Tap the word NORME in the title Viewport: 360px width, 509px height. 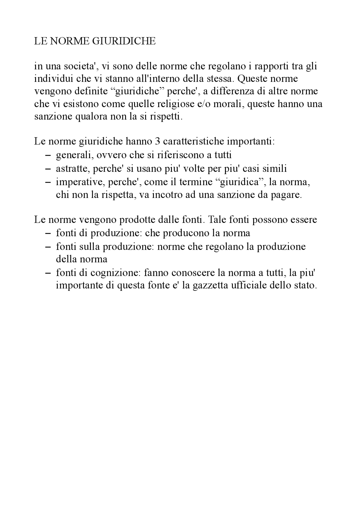coord(69,41)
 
